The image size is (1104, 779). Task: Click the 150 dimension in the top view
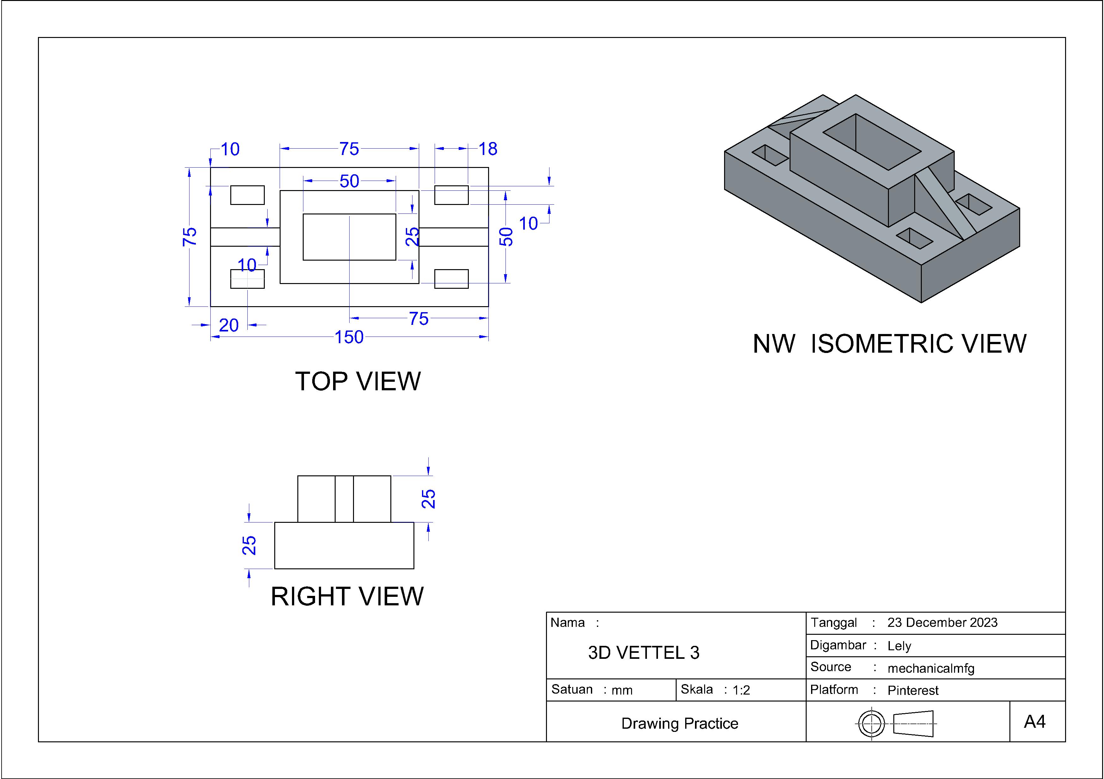349,337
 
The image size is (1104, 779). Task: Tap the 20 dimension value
229,325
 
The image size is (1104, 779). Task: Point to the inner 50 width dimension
349,181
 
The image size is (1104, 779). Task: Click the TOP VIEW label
358,381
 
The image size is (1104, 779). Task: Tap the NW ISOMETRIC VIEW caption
889,344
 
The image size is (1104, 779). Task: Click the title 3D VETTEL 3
643,652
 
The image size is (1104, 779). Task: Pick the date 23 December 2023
942,623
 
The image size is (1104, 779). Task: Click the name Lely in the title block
899,646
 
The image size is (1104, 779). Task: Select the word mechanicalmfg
930,668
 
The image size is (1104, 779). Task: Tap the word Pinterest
913,690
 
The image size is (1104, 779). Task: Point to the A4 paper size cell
1034,722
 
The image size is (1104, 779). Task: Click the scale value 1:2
741,690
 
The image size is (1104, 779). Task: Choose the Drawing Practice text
679,723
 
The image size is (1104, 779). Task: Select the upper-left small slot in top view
247,195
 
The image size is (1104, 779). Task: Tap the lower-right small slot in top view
451,279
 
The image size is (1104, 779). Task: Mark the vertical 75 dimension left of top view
189,237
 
